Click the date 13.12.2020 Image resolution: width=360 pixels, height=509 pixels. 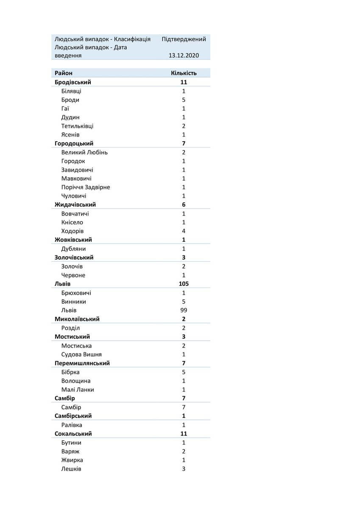click(x=184, y=56)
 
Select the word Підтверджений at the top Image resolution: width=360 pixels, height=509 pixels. click(x=184, y=39)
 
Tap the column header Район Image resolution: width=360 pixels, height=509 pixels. click(x=64, y=73)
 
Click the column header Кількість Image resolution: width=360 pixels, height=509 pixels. click(x=184, y=73)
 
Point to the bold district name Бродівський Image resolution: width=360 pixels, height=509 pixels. click(x=73, y=82)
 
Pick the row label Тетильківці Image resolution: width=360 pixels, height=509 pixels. click(x=77, y=126)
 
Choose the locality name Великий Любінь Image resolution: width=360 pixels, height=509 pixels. click(x=84, y=152)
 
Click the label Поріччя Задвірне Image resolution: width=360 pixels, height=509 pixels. click(x=86, y=187)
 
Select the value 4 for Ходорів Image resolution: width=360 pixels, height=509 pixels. click(x=184, y=231)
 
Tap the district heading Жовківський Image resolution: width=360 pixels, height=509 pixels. click(x=73, y=240)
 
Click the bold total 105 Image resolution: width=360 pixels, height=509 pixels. click(x=184, y=284)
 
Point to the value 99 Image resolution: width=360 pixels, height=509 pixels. click(x=184, y=310)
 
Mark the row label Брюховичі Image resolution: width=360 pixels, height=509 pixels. click(x=76, y=293)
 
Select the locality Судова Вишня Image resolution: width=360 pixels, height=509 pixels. click(x=81, y=354)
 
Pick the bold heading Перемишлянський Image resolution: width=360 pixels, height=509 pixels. click(x=82, y=363)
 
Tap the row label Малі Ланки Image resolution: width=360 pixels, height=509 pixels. click(x=78, y=389)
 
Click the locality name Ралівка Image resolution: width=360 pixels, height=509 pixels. click(x=72, y=425)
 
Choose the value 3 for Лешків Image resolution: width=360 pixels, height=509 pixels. click(x=184, y=469)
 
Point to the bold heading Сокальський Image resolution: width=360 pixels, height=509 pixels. click(x=73, y=433)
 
